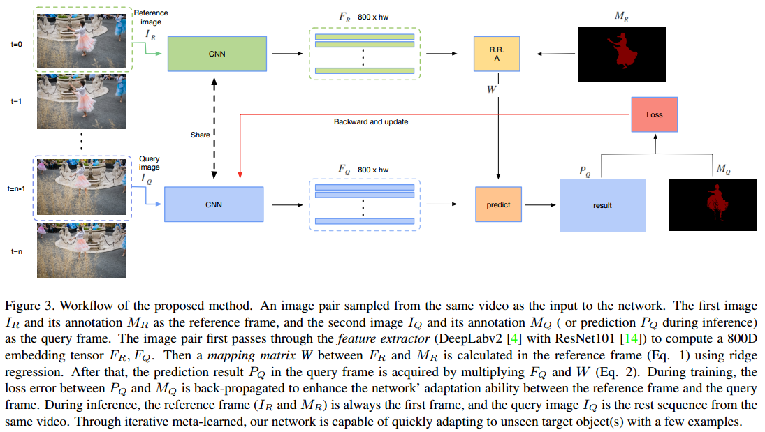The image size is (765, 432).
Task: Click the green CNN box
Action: point(217,53)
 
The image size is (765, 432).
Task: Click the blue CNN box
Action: point(213,204)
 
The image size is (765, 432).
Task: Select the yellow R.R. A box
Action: point(497,54)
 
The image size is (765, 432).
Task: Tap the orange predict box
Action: point(498,204)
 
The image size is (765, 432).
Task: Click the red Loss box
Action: point(654,114)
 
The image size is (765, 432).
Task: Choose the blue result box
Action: point(602,205)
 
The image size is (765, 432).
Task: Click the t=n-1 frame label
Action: point(16,188)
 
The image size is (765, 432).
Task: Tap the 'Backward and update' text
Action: point(371,121)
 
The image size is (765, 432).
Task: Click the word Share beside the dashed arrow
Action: point(200,135)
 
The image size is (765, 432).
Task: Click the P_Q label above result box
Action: point(585,170)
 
